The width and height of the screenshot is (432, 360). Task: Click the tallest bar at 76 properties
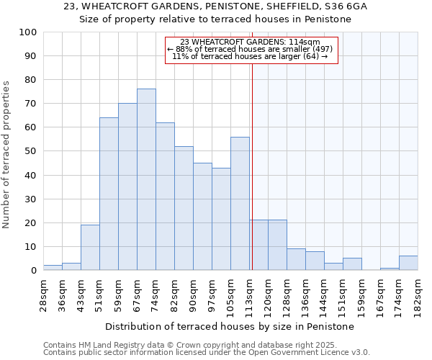click(146, 179)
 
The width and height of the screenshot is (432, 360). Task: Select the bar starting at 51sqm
click(109, 194)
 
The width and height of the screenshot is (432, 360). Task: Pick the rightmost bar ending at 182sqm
click(408, 263)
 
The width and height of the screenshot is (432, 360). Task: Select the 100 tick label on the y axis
click(27, 32)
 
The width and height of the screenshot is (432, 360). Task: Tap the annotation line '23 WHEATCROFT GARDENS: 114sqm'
click(251, 42)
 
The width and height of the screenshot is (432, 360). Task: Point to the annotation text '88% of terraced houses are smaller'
click(251, 49)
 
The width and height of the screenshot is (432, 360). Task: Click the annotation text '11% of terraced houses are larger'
click(251, 56)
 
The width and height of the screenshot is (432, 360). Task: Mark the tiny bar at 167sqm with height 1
click(390, 269)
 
